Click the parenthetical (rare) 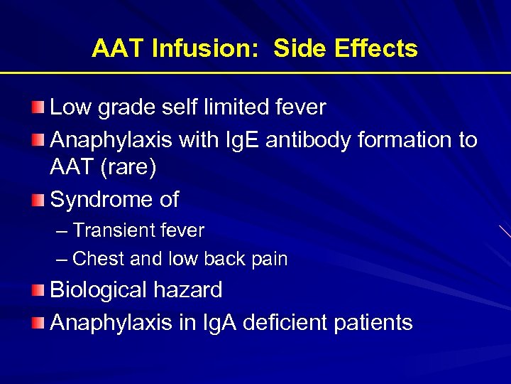(x=126, y=167)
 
